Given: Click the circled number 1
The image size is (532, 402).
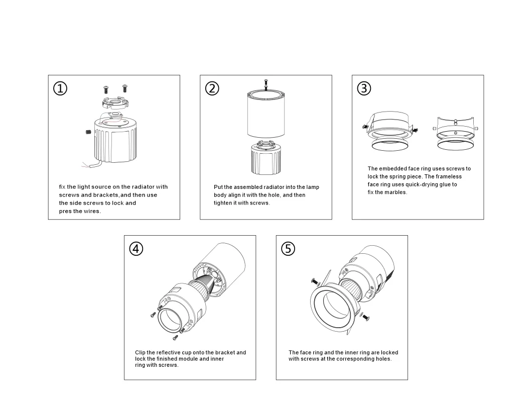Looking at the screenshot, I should click(60, 88).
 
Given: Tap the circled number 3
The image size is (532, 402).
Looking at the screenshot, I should click(364, 88).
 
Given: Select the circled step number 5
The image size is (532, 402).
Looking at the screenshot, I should click(288, 249).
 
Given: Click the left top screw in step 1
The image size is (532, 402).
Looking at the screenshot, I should click(106, 89).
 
